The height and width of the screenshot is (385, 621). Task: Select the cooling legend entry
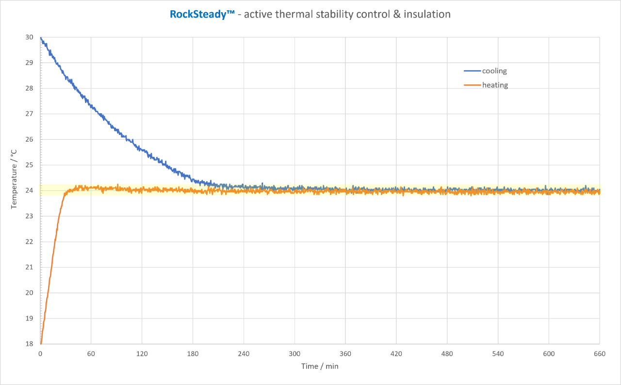pos(494,71)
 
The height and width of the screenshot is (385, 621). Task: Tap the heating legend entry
pos(495,85)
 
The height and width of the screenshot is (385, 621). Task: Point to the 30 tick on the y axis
pos(30,37)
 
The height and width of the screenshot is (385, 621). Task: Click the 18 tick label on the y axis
pos(30,344)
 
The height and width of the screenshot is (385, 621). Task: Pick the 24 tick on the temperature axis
pos(30,191)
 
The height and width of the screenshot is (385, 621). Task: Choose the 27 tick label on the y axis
pos(30,114)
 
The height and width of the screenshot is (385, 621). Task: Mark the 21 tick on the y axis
pos(30,268)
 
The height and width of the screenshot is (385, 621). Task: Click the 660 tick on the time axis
pos(600,354)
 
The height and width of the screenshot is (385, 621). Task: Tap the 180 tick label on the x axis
pos(193,354)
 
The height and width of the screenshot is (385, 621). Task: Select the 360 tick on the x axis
pos(345,354)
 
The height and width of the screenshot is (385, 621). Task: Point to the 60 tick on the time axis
pos(91,354)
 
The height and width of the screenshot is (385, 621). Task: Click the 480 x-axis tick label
pos(447,354)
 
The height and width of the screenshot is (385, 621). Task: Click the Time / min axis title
pos(320,366)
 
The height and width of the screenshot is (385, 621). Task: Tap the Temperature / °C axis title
pos(14,179)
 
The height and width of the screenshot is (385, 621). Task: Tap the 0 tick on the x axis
pos(40,354)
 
